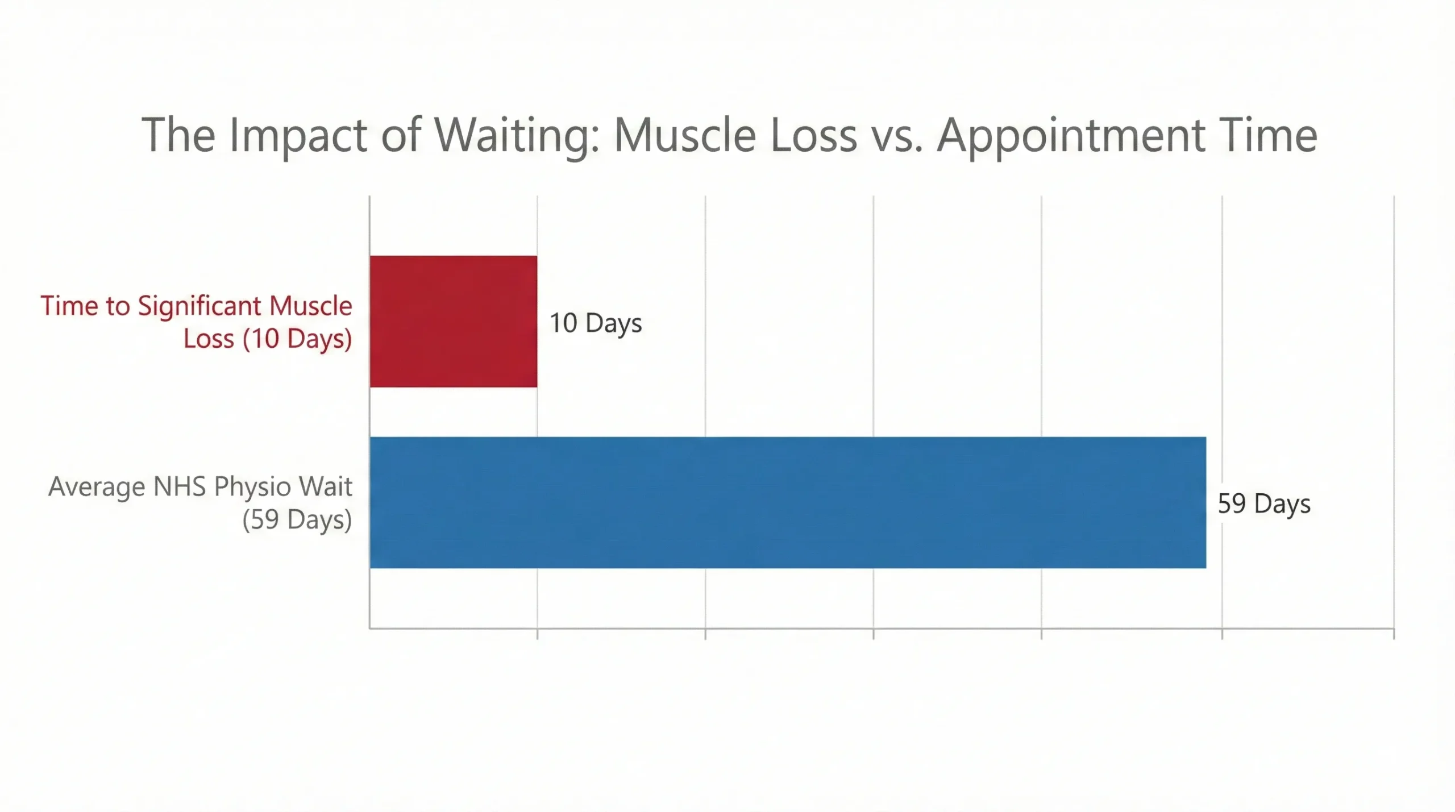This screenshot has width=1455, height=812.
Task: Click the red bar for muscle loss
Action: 453,322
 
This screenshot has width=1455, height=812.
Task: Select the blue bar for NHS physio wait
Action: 787,502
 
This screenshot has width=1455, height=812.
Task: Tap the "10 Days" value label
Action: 595,323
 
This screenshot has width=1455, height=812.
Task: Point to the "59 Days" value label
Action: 1263,504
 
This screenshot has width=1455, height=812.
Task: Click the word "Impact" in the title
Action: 298,135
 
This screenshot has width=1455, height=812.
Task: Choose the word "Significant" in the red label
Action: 199,307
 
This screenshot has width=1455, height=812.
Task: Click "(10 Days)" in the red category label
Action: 297,339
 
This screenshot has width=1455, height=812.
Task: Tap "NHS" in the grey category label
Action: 180,486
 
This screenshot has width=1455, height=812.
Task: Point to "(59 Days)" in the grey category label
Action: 297,520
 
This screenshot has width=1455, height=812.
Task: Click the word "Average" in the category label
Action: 97,488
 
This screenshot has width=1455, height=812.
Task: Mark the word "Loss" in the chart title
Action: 813,135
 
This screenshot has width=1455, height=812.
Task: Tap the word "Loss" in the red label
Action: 208,339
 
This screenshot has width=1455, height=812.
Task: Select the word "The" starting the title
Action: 178,135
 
